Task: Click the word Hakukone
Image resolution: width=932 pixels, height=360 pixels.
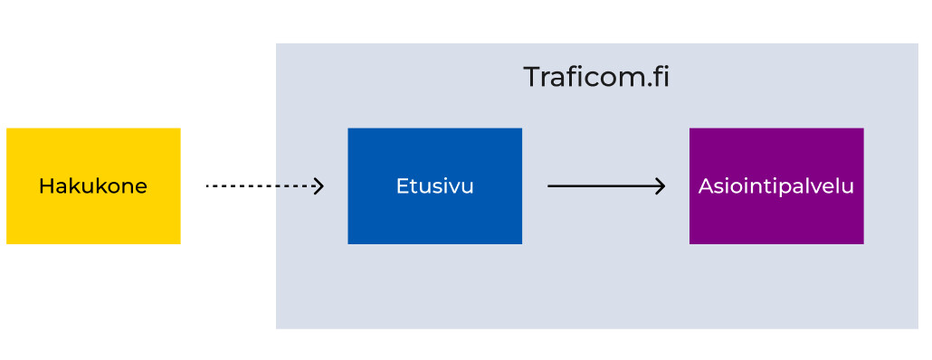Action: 93,186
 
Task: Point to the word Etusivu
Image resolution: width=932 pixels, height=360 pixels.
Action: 434,186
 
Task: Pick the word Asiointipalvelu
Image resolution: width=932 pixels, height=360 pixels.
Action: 776,186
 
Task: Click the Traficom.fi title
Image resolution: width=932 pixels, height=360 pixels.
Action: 596,77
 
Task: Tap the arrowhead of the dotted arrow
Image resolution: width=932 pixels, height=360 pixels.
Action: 319,186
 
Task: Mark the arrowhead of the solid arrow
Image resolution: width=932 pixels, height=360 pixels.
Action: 661,186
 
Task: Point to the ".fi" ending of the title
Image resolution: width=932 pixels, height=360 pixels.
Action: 656,77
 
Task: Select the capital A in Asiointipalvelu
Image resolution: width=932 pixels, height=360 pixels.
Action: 705,186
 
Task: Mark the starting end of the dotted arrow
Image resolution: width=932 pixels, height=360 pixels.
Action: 208,186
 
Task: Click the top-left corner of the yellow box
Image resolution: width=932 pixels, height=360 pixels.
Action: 7,129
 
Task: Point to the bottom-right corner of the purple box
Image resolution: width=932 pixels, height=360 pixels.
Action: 862,242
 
